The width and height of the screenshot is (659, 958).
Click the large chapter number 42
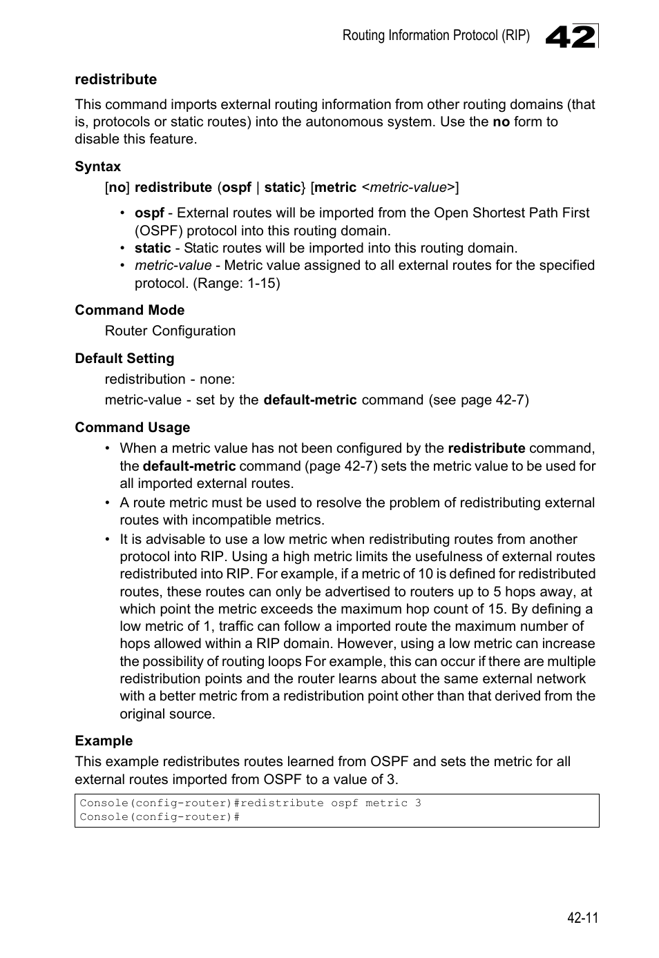pos(570,37)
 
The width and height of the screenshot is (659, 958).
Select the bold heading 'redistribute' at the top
pos(115,79)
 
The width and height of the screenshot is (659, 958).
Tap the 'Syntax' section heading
pos(97,166)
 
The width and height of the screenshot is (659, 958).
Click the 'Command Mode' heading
pos(129,310)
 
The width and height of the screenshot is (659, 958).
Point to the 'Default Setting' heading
pos(124,358)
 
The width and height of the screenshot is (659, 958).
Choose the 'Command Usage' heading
pos(132,427)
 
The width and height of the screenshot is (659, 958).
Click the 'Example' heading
pos(104,741)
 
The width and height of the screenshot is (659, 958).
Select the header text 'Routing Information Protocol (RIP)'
pos(436,36)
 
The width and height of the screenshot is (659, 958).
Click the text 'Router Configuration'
pos(170,331)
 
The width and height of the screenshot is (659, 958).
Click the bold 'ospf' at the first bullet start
pos(149,213)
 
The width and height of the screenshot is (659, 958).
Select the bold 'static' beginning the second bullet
pos(153,248)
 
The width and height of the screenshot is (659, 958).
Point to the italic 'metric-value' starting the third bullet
pos(173,266)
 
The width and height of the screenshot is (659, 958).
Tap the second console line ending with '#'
pos(160,817)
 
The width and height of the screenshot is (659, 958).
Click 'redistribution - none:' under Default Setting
pos(169,379)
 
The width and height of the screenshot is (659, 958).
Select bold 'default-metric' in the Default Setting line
pos(310,400)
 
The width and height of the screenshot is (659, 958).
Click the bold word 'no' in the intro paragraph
pos(501,122)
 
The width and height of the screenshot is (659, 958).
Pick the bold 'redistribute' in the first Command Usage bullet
pos(486,448)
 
